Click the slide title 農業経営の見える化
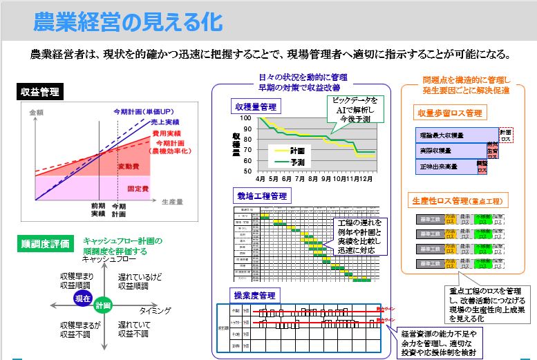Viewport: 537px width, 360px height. click(x=128, y=20)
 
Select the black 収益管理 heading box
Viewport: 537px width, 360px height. click(x=39, y=92)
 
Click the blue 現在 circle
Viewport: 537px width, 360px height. click(x=83, y=299)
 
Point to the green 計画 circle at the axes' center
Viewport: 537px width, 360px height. click(x=104, y=304)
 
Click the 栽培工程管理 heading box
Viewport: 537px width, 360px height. click(x=260, y=196)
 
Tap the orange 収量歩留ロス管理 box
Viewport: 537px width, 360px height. click(x=449, y=113)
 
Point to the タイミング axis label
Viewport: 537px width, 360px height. click(x=155, y=311)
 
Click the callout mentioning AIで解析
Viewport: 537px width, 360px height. click(x=350, y=108)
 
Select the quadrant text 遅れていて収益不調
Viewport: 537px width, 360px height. click(x=133, y=328)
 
